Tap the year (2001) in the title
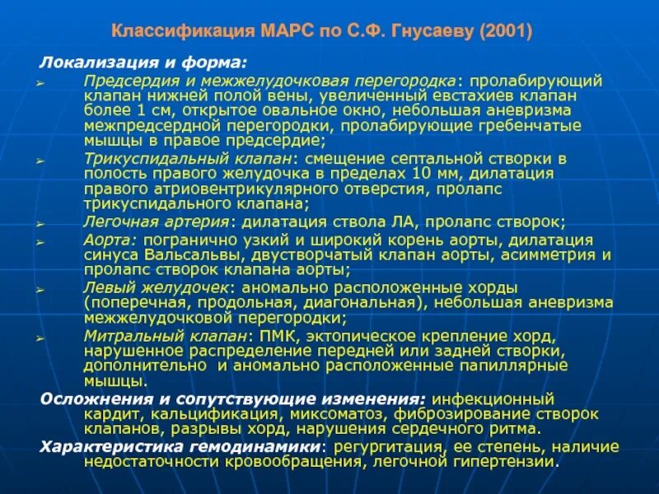click(x=503, y=32)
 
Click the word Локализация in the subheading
click(x=90, y=63)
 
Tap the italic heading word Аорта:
click(x=107, y=240)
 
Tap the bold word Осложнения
click(x=83, y=398)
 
